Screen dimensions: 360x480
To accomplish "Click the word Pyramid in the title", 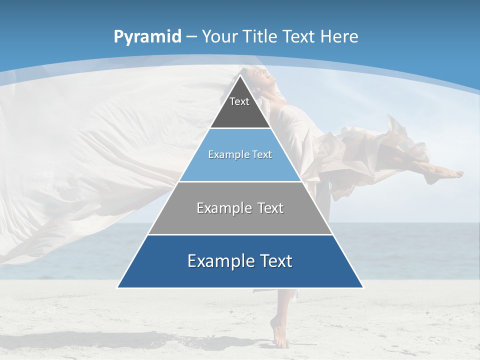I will pyautogui.click(x=147, y=37).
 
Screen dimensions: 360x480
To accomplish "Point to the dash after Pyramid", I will pyautogui.click(x=191, y=37).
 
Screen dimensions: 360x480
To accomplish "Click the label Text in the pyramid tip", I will pyautogui.click(x=239, y=102).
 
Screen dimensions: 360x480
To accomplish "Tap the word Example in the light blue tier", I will pyautogui.click(x=224, y=155).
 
